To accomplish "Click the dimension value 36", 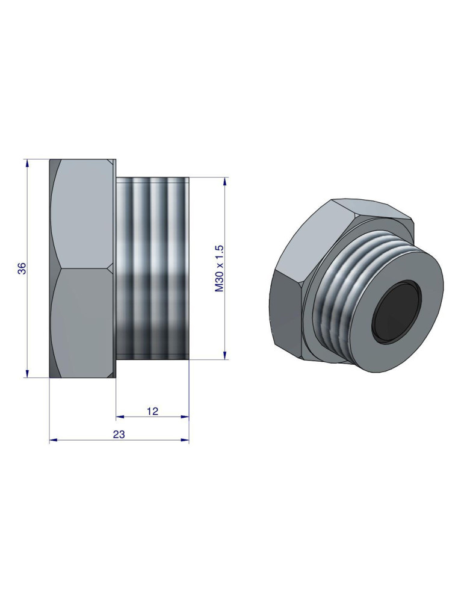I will click(x=22, y=268).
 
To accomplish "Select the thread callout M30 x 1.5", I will click(x=220, y=268).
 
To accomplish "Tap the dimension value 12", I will click(x=152, y=411).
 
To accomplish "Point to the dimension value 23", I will click(x=119, y=434).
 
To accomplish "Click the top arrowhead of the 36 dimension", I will click(x=27, y=163).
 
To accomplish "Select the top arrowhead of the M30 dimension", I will click(x=225, y=181).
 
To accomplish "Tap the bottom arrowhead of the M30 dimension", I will click(x=225, y=355).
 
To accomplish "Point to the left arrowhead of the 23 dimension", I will click(x=53, y=440).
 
